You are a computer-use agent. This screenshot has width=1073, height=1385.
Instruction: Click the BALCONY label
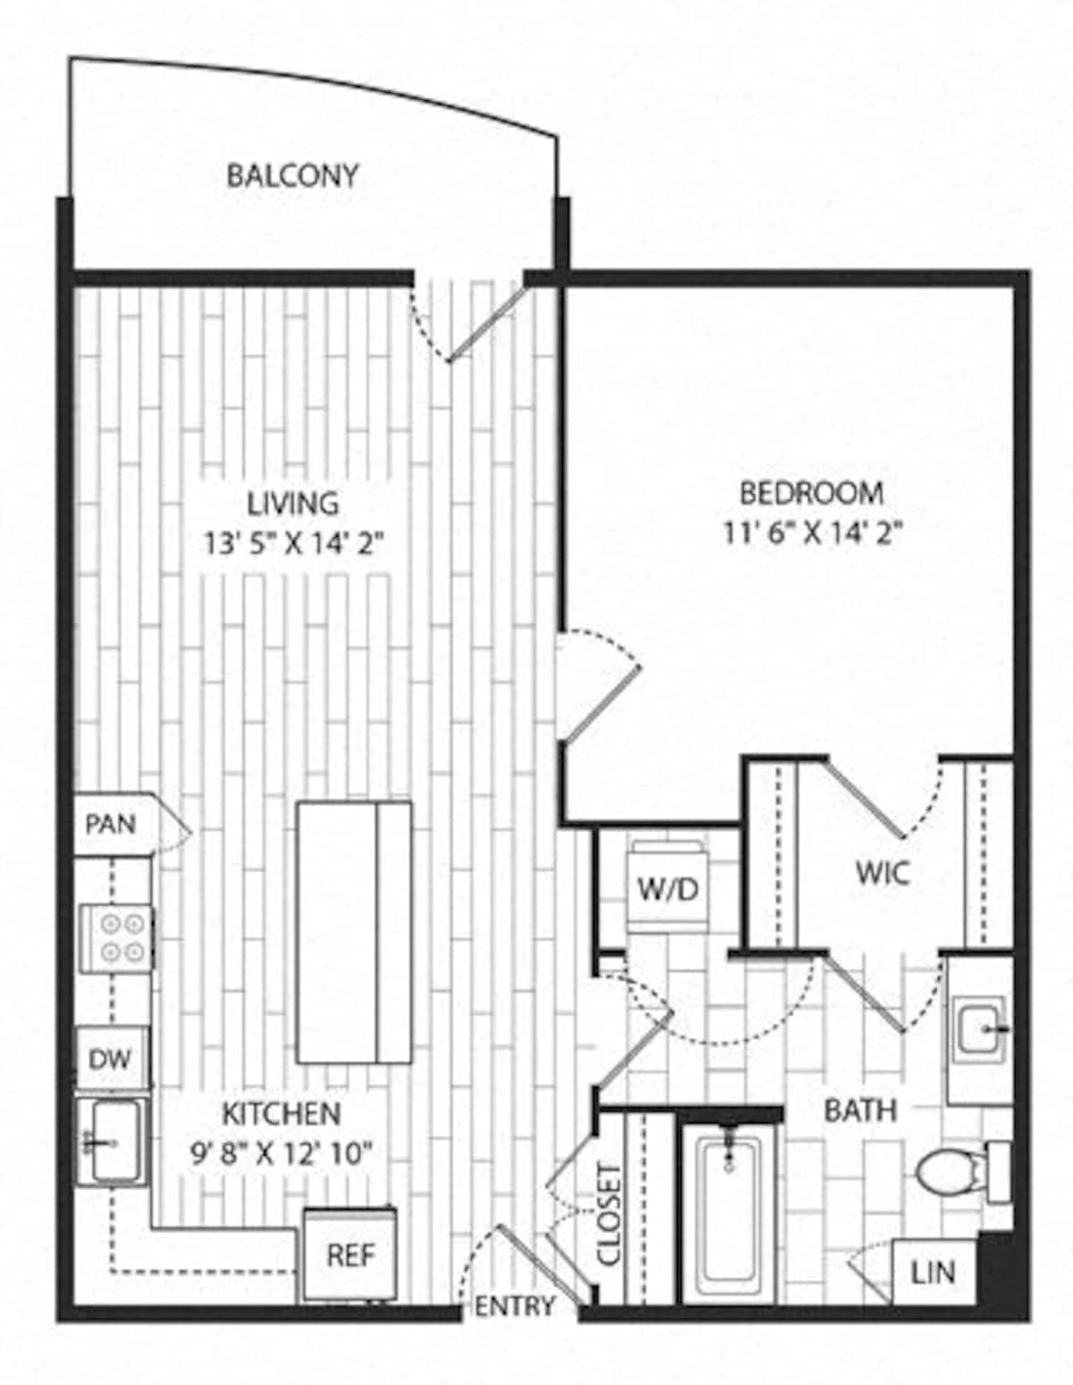(x=291, y=175)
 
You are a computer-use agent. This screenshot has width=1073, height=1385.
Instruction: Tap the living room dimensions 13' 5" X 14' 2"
(x=293, y=544)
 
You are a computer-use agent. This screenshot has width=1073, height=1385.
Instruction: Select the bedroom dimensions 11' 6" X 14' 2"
(x=812, y=533)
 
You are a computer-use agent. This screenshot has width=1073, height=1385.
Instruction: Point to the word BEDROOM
(x=812, y=493)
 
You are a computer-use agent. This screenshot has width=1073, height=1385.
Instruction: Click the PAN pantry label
(x=111, y=824)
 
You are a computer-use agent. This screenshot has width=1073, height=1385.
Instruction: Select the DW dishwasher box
(x=110, y=1060)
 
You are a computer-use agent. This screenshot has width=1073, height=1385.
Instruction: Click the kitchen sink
(x=111, y=1141)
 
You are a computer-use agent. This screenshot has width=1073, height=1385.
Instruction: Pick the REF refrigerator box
(x=350, y=1255)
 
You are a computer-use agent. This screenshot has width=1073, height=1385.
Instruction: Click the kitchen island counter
(x=354, y=932)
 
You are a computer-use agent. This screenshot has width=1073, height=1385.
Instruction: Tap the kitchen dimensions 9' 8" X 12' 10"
(x=281, y=1154)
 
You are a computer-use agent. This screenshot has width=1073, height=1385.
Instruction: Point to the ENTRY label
(x=514, y=1306)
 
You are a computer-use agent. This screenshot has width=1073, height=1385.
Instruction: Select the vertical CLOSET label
(x=610, y=1214)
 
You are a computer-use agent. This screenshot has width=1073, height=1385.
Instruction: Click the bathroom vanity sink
(x=982, y=1029)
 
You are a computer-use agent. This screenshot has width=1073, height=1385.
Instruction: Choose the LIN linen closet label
(x=933, y=1271)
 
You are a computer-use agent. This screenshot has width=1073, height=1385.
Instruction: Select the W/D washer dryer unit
(x=667, y=889)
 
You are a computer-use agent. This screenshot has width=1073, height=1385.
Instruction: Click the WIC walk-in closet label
(x=882, y=872)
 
